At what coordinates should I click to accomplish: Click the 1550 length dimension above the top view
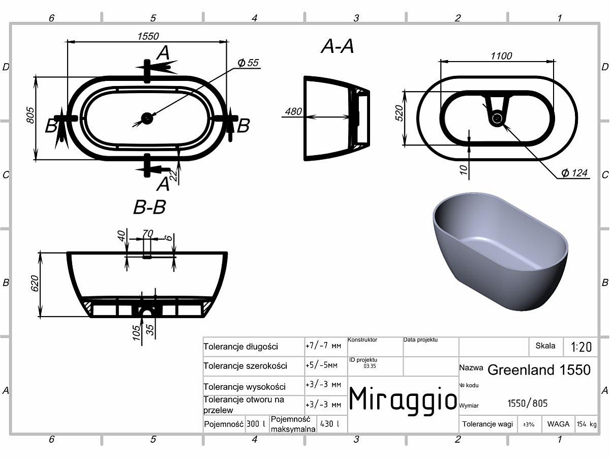(148, 36)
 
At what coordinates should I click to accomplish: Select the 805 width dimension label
(30, 115)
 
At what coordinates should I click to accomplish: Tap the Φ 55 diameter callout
(248, 63)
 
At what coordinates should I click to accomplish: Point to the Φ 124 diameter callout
(574, 173)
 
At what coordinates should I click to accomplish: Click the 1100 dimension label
(501, 56)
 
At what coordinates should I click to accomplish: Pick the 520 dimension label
(399, 113)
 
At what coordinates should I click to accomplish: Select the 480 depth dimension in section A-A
(293, 111)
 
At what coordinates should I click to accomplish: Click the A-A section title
(338, 46)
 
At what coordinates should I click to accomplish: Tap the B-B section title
(149, 207)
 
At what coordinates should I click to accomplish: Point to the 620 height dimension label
(35, 283)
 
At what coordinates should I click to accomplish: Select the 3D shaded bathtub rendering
(500, 251)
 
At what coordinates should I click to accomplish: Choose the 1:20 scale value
(581, 347)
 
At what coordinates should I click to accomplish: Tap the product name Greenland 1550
(539, 369)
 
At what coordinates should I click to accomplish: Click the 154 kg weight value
(587, 424)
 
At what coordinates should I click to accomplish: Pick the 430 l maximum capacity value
(329, 424)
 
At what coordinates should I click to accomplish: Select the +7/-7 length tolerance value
(323, 346)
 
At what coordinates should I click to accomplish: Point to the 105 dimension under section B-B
(136, 333)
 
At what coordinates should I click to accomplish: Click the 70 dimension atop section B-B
(147, 233)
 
